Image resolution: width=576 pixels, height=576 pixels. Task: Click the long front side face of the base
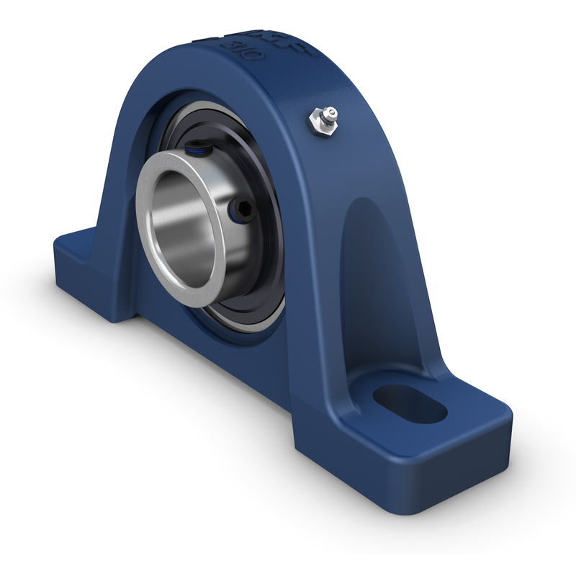(216, 374)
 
